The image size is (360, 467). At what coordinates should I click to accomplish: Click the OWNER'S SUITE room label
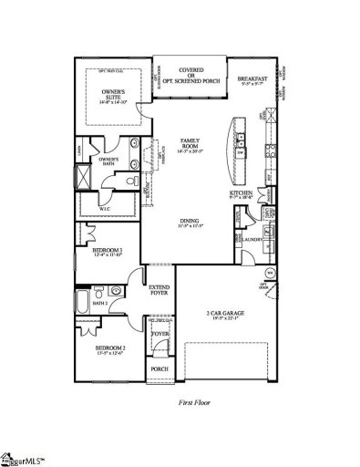pyautogui.click(x=112, y=94)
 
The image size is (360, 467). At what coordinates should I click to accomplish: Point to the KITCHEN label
pyautogui.click(x=242, y=195)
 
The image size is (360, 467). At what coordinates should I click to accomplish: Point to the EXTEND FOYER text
pyautogui.click(x=159, y=290)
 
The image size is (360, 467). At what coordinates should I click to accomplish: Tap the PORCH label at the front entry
pyautogui.click(x=159, y=369)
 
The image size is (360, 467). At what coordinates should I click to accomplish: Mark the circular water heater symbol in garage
pyautogui.click(x=269, y=272)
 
